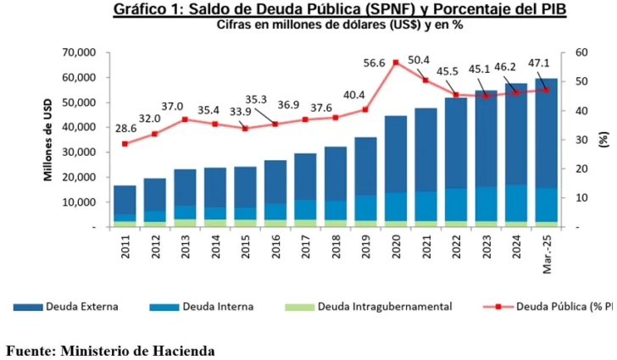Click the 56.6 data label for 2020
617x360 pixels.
(374, 63)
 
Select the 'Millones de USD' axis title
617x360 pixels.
(50, 140)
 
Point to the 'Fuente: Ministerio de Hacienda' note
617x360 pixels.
(110, 350)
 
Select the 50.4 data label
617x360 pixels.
(442, 60)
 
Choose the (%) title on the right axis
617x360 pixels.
(603, 140)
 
